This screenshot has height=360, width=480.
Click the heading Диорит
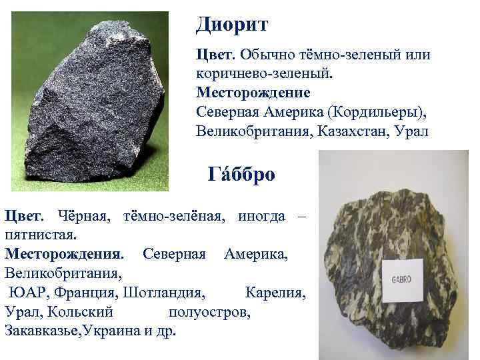tap(232, 25)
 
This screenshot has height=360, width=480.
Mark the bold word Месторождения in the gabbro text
tap(64, 254)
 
